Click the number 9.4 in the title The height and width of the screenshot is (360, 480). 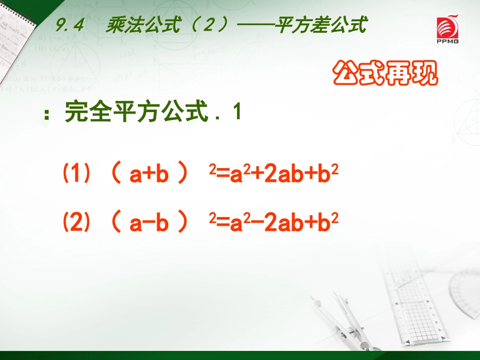(69, 26)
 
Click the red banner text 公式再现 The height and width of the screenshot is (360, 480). (385, 74)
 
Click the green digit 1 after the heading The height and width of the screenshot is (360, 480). (236, 113)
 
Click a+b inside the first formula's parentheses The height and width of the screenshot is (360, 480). (149, 176)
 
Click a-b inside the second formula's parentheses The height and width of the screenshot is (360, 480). (149, 223)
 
